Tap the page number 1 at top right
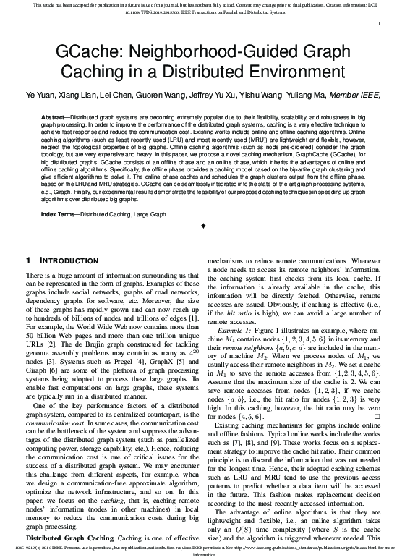pyautogui.click(x=380, y=24)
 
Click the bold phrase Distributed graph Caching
pyautogui.click(x=70, y=538)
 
